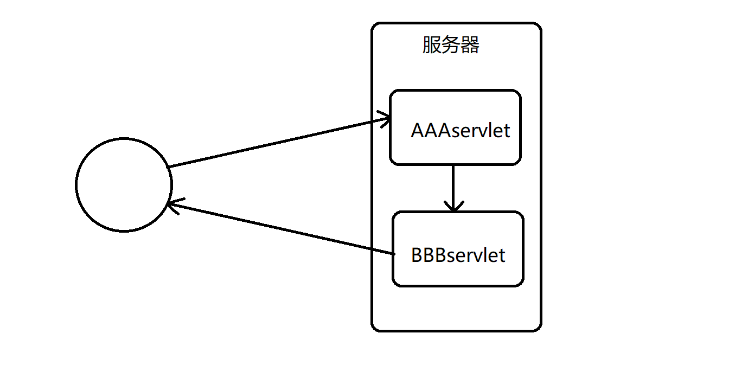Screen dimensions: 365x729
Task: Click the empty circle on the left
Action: tap(124, 185)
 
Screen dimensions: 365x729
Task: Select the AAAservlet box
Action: tap(455, 127)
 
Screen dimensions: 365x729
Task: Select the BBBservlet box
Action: tap(458, 249)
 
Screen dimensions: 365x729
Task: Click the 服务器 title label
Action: tap(451, 46)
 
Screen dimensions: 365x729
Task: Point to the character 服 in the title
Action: tap(432, 46)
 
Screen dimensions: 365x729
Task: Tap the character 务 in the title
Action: tap(451, 46)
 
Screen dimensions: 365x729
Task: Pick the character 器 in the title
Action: tap(470, 46)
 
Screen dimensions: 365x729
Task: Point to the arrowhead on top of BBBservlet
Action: tap(453, 206)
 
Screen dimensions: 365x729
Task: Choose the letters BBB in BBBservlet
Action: tap(429, 255)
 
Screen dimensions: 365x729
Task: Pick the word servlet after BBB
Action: tap(476, 255)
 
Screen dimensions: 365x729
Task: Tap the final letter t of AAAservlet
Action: tap(507, 131)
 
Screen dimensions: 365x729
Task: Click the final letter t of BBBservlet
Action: tap(502, 255)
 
